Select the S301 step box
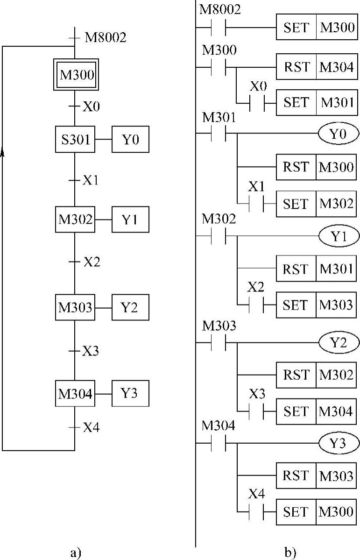click(75, 139)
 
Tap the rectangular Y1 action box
click(130, 219)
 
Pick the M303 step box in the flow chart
click(75, 307)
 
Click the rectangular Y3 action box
click(130, 393)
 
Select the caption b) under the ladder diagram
click(291, 552)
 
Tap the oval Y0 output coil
click(339, 135)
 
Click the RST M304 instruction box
click(317, 66)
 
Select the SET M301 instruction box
click(317, 102)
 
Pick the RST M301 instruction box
click(317, 269)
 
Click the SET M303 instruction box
click(317, 305)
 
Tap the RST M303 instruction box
click(317, 476)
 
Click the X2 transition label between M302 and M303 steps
click(92, 262)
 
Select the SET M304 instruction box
click(317, 411)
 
